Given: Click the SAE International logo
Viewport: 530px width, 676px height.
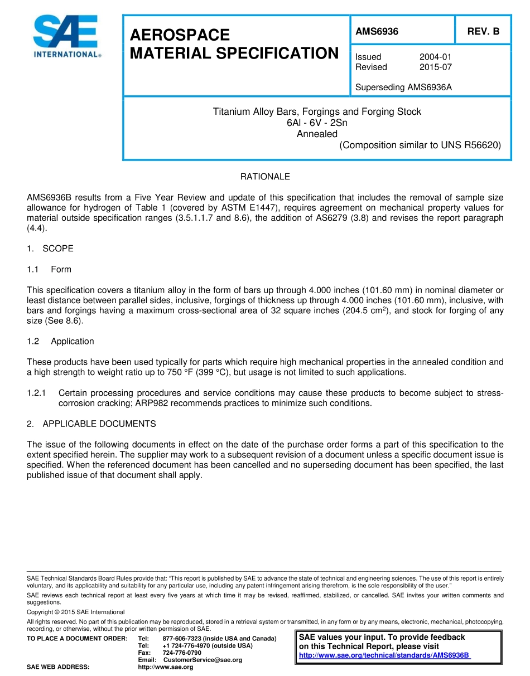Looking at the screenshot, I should [x=66, y=37].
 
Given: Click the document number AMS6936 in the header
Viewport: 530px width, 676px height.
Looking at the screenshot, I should [x=377, y=32].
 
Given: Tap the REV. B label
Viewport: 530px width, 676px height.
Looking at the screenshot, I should [x=483, y=32].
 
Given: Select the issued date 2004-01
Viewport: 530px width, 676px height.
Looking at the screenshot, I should [x=435, y=57].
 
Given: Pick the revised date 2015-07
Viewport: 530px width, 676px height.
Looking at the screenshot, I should [x=435, y=67].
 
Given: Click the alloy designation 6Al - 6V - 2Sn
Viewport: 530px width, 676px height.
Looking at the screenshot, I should [x=316, y=123].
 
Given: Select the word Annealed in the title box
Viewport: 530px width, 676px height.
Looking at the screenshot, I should [x=316, y=134].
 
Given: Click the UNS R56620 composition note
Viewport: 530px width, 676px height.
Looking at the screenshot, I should [x=420, y=145].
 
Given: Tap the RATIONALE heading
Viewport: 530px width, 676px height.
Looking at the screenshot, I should [x=265, y=177].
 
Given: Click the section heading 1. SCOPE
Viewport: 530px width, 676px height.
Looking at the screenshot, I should [x=50, y=249].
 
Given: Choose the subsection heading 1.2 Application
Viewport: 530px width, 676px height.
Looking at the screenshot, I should [x=60, y=341].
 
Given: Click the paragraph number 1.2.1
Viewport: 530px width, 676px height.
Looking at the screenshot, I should [x=37, y=393].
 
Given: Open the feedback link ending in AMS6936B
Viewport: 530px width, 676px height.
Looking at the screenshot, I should [x=385, y=655].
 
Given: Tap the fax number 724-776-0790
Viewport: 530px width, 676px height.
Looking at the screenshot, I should [x=182, y=653].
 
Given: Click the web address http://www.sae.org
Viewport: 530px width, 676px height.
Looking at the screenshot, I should [x=165, y=667].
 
